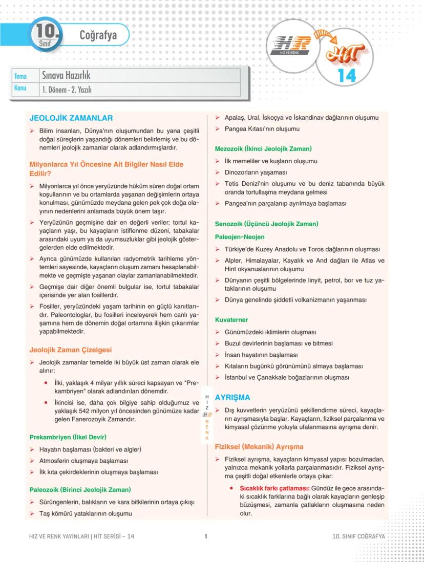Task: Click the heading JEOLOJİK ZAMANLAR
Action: click(x=71, y=118)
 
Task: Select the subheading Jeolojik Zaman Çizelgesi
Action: click(x=71, y=350)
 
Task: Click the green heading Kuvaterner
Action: click(x=231, y=319)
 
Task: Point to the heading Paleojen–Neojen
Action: click(x=240, y=237)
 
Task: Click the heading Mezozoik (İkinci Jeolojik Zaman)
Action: click(x=263, y=148)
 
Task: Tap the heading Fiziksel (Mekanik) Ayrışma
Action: click(x=259, y=446)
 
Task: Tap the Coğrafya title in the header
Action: click(x=98, y=35)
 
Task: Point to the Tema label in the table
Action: click(x=20, y=76)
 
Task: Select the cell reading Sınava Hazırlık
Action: click(x=66, y=76)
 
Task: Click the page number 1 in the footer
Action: click(x=205, y=536)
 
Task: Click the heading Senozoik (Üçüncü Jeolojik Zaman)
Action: click(x=266, y=224)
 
